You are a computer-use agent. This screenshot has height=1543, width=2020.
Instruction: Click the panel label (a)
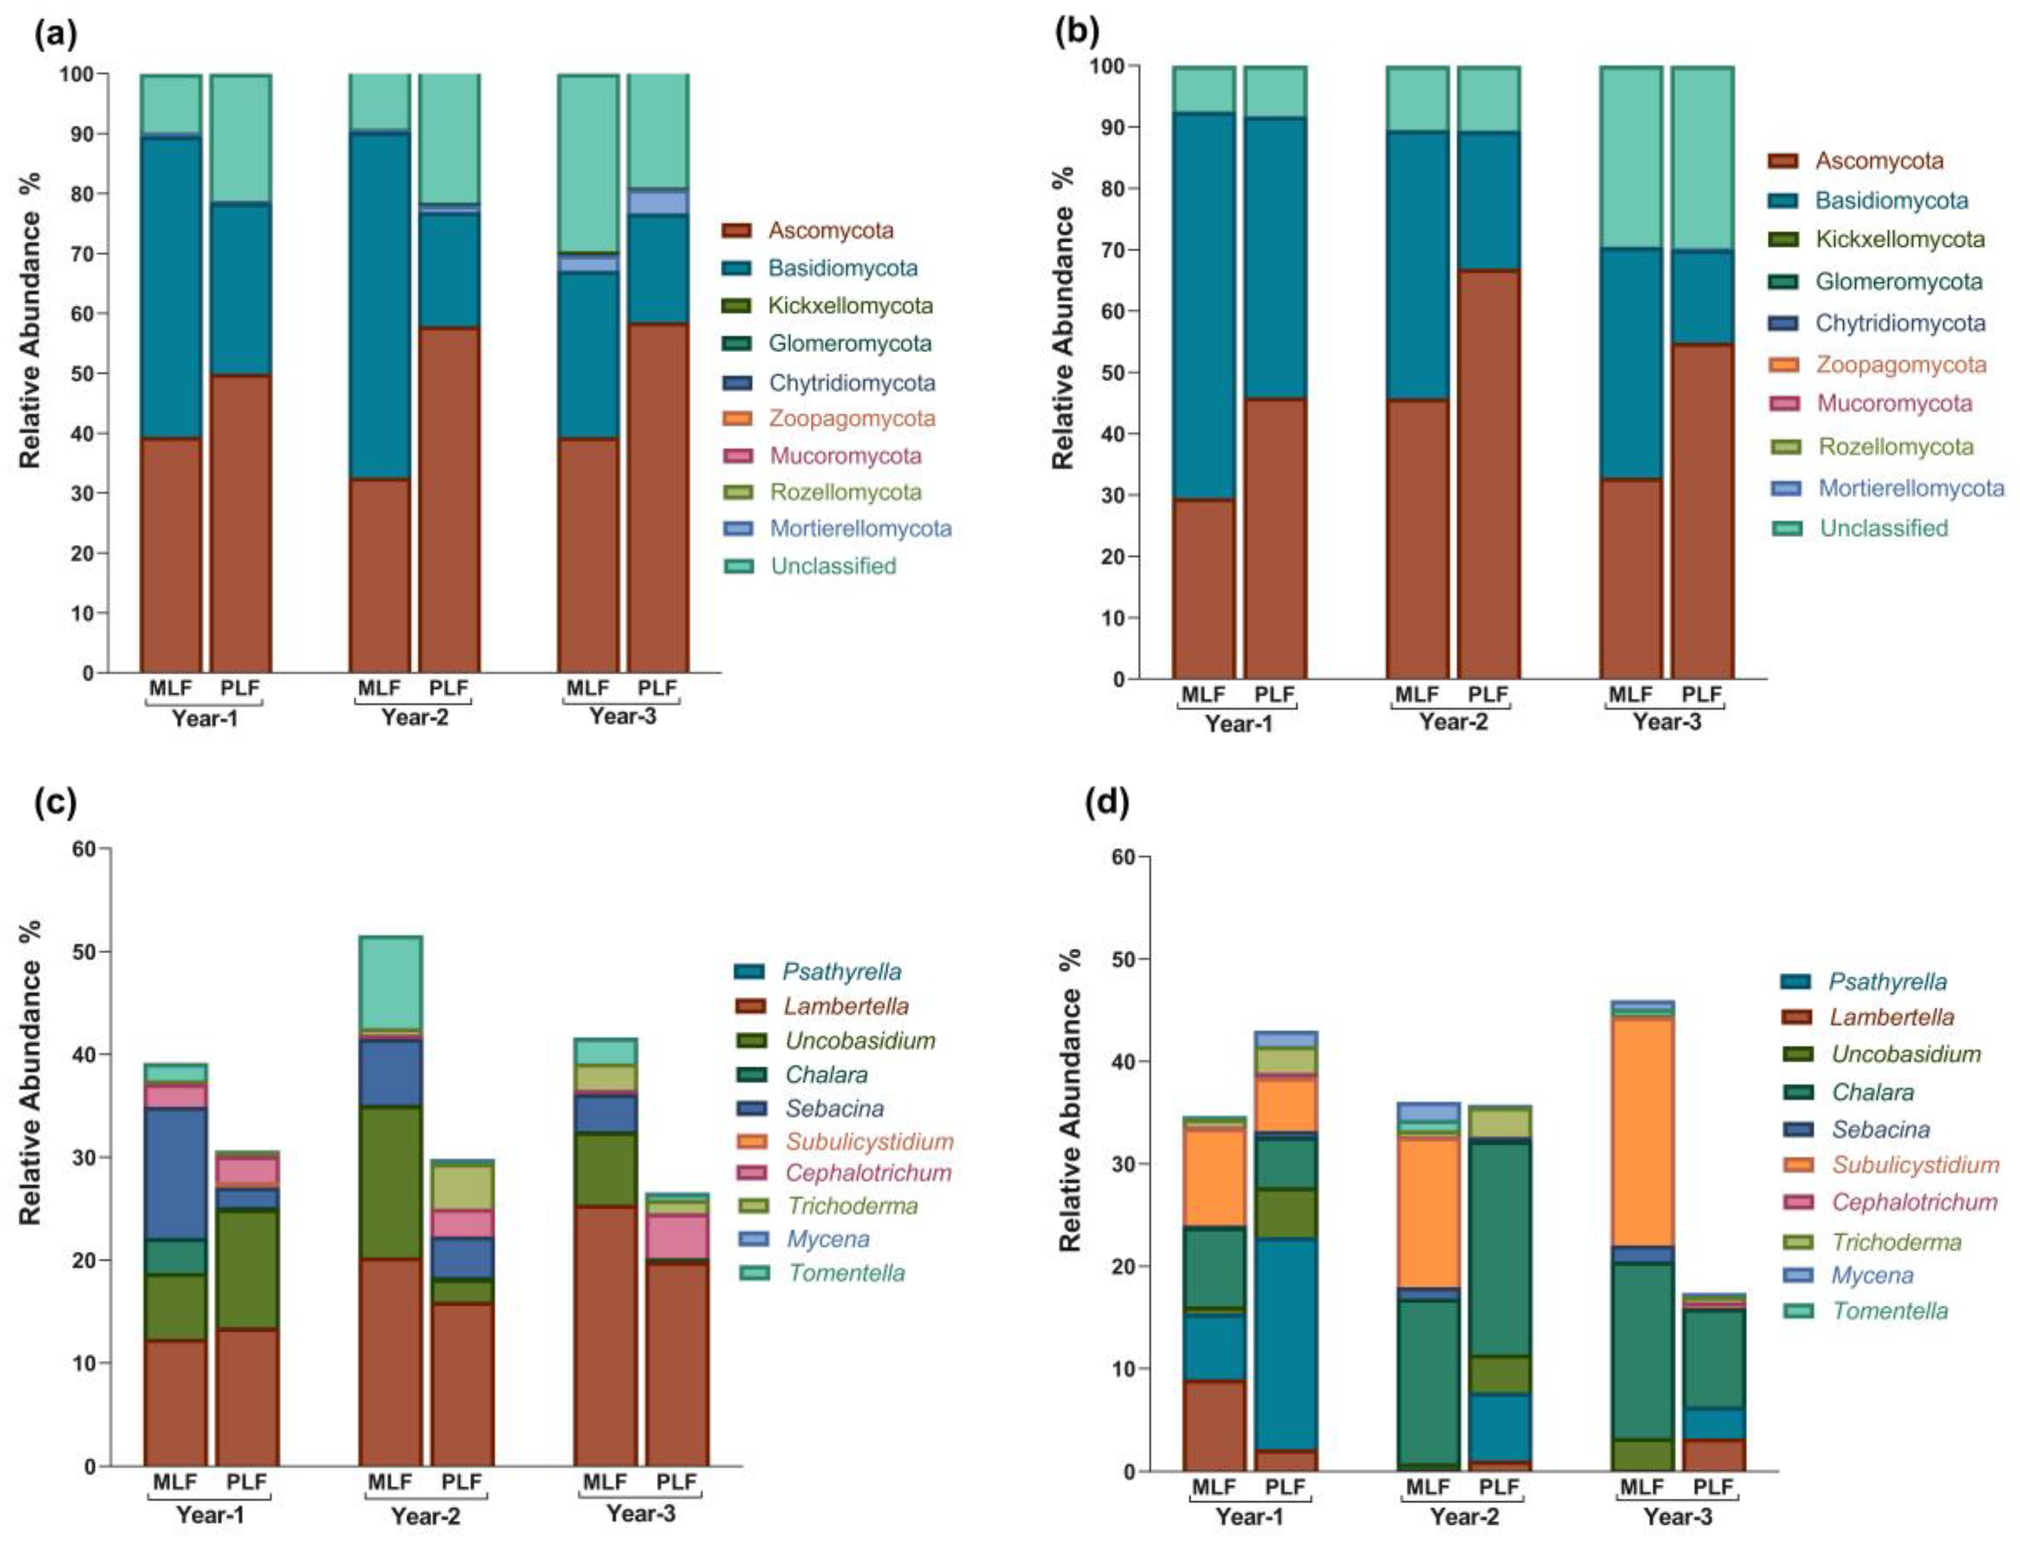coord(55,35)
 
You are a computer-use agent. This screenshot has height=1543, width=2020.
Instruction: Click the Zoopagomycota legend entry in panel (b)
coord(1901,365)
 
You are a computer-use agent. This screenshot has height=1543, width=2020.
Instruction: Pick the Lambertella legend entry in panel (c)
coord(846,1006)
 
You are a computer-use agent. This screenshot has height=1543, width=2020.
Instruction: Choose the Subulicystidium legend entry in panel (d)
coord(1915,1164)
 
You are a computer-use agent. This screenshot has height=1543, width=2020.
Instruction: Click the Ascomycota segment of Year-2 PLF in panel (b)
coord(1488,473)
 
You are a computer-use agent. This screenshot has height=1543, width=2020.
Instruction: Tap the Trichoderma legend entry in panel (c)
coord(850,1205)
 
